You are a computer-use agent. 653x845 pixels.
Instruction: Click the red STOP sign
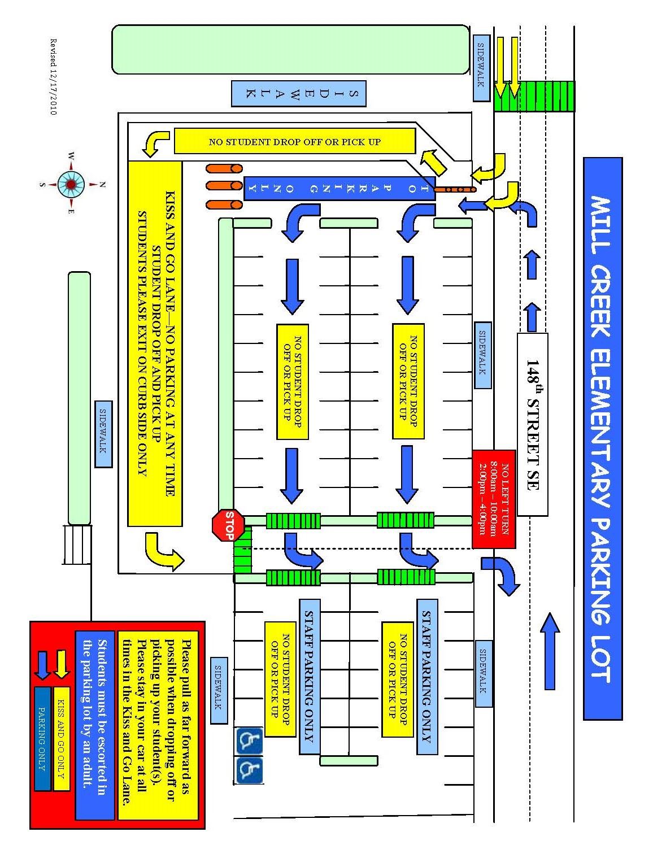228,525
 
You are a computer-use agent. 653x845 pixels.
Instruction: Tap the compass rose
71,184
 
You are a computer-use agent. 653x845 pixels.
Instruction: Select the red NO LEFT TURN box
494,499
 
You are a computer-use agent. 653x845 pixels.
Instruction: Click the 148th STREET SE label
532,424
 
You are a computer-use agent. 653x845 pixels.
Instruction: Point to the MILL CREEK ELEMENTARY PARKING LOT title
602,438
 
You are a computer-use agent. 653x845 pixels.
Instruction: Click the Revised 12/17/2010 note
54,77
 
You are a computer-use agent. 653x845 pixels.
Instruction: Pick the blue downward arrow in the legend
43,664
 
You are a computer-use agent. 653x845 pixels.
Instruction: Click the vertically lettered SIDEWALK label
298,94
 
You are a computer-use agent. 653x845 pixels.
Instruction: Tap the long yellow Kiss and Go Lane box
155,343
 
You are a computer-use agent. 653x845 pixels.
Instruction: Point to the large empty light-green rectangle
290,49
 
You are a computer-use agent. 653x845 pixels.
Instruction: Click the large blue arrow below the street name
550,651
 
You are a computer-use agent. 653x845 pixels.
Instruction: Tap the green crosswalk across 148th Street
534,96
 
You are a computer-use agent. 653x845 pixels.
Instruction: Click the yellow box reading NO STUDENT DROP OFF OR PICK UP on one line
294,141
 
